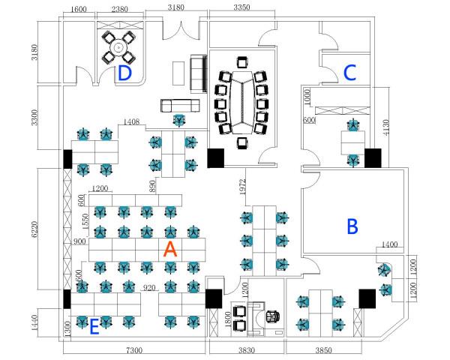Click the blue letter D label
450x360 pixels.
point(124,73)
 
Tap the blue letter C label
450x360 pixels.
point(349,72)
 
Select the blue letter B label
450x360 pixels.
point(352,226)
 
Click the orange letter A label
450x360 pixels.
point(170,250)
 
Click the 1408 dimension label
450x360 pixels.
point(131,121)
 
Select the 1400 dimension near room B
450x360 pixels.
point(389,244)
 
